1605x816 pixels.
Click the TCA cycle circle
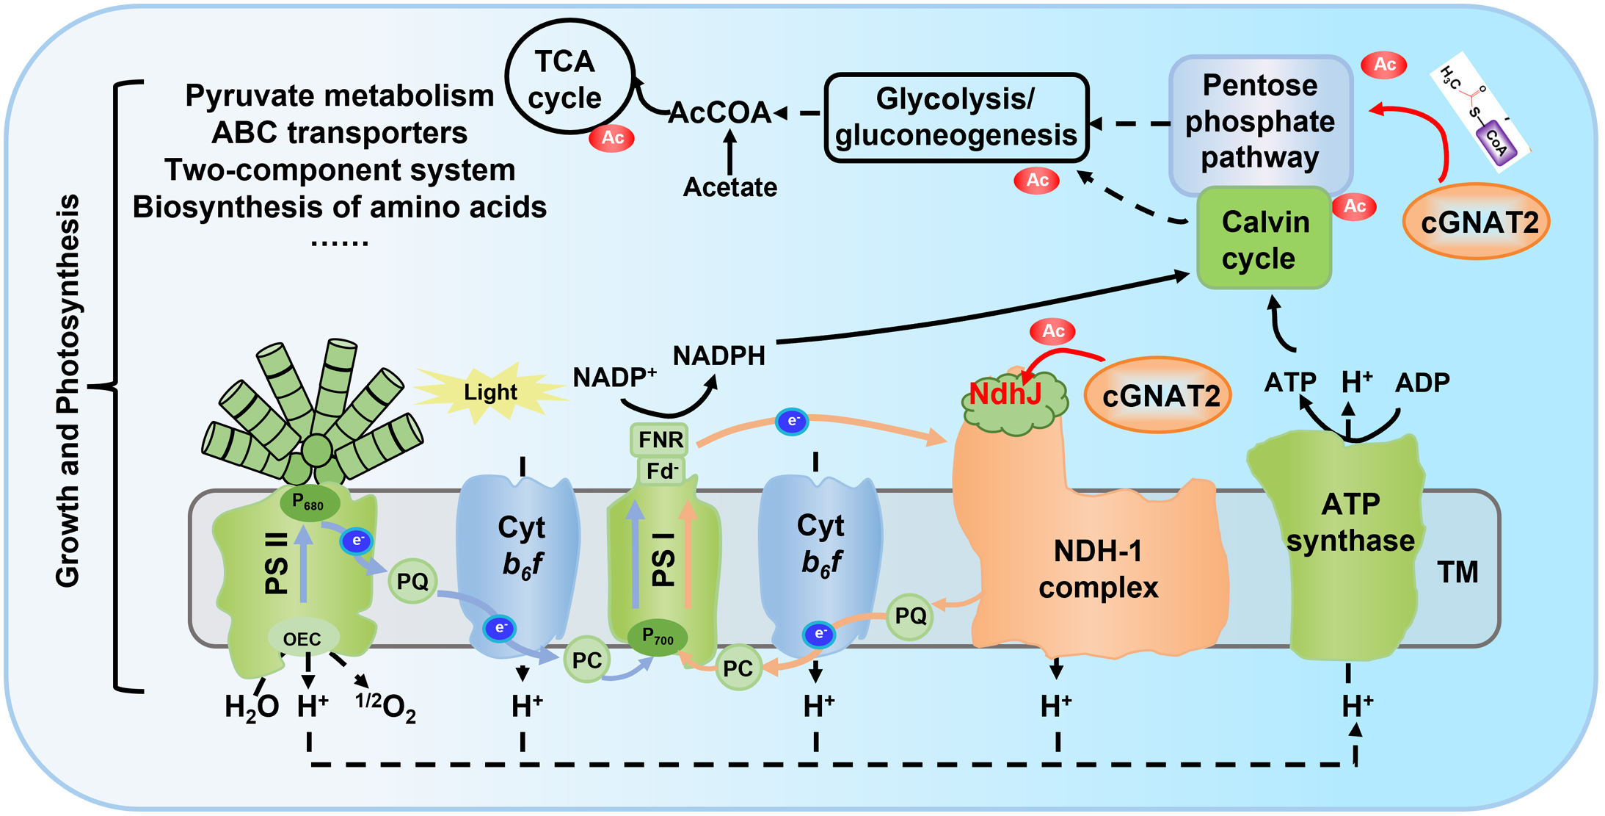point(569,77)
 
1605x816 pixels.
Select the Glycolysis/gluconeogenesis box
point(956,118)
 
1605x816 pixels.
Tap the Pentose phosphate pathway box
point(1259,122)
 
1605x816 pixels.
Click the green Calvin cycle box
point(1264,239)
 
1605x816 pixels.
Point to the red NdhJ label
point(1005,394)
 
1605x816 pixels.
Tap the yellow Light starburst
point(490,392)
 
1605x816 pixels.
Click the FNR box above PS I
point(660,440)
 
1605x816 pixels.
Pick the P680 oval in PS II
point(309,503)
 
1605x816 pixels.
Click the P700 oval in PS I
point(658,637)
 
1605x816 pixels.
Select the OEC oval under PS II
point(302,639)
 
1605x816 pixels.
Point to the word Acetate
point(729,187)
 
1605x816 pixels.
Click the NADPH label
point(718,355)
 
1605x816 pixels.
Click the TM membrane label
point(1457,572)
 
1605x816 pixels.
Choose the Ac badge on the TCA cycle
point(612,137)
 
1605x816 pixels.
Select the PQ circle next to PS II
point(412,582)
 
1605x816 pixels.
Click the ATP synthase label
point(1350,522)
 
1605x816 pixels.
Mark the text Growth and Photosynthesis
point(68,390)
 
